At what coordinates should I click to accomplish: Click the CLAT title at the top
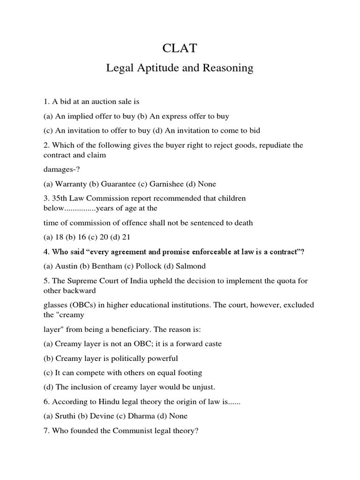[180, 48]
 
